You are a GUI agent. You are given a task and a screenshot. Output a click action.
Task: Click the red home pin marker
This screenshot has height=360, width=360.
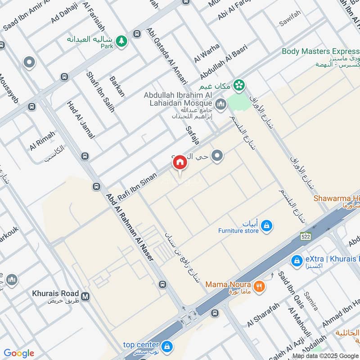(180, 162)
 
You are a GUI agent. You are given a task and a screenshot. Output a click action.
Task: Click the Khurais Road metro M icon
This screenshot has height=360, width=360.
(85, 296)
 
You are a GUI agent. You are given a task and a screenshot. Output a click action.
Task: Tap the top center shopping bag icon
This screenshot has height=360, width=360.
(167, 347)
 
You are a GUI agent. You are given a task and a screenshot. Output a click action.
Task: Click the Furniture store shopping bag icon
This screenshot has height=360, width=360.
(266, 226)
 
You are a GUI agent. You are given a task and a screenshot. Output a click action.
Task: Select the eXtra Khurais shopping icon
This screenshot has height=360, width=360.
(297, 261)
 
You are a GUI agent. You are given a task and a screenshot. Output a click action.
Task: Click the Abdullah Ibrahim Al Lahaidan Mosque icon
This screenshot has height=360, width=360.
(220, 105)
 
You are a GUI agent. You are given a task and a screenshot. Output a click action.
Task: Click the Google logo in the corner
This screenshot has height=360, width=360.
(19, 353)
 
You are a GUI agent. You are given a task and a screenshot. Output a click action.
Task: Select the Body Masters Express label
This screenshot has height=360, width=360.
(319, 51)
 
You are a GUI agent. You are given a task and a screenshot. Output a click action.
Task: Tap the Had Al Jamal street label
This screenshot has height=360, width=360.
(81, 119)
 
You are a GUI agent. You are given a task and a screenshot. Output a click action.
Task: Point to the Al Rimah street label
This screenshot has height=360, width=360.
(42, 141)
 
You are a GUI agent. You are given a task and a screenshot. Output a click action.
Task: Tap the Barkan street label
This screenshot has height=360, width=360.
(117, 86)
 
